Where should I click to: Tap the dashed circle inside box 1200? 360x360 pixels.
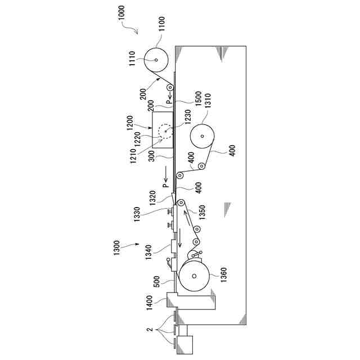166,131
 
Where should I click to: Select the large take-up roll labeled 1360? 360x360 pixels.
195,276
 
